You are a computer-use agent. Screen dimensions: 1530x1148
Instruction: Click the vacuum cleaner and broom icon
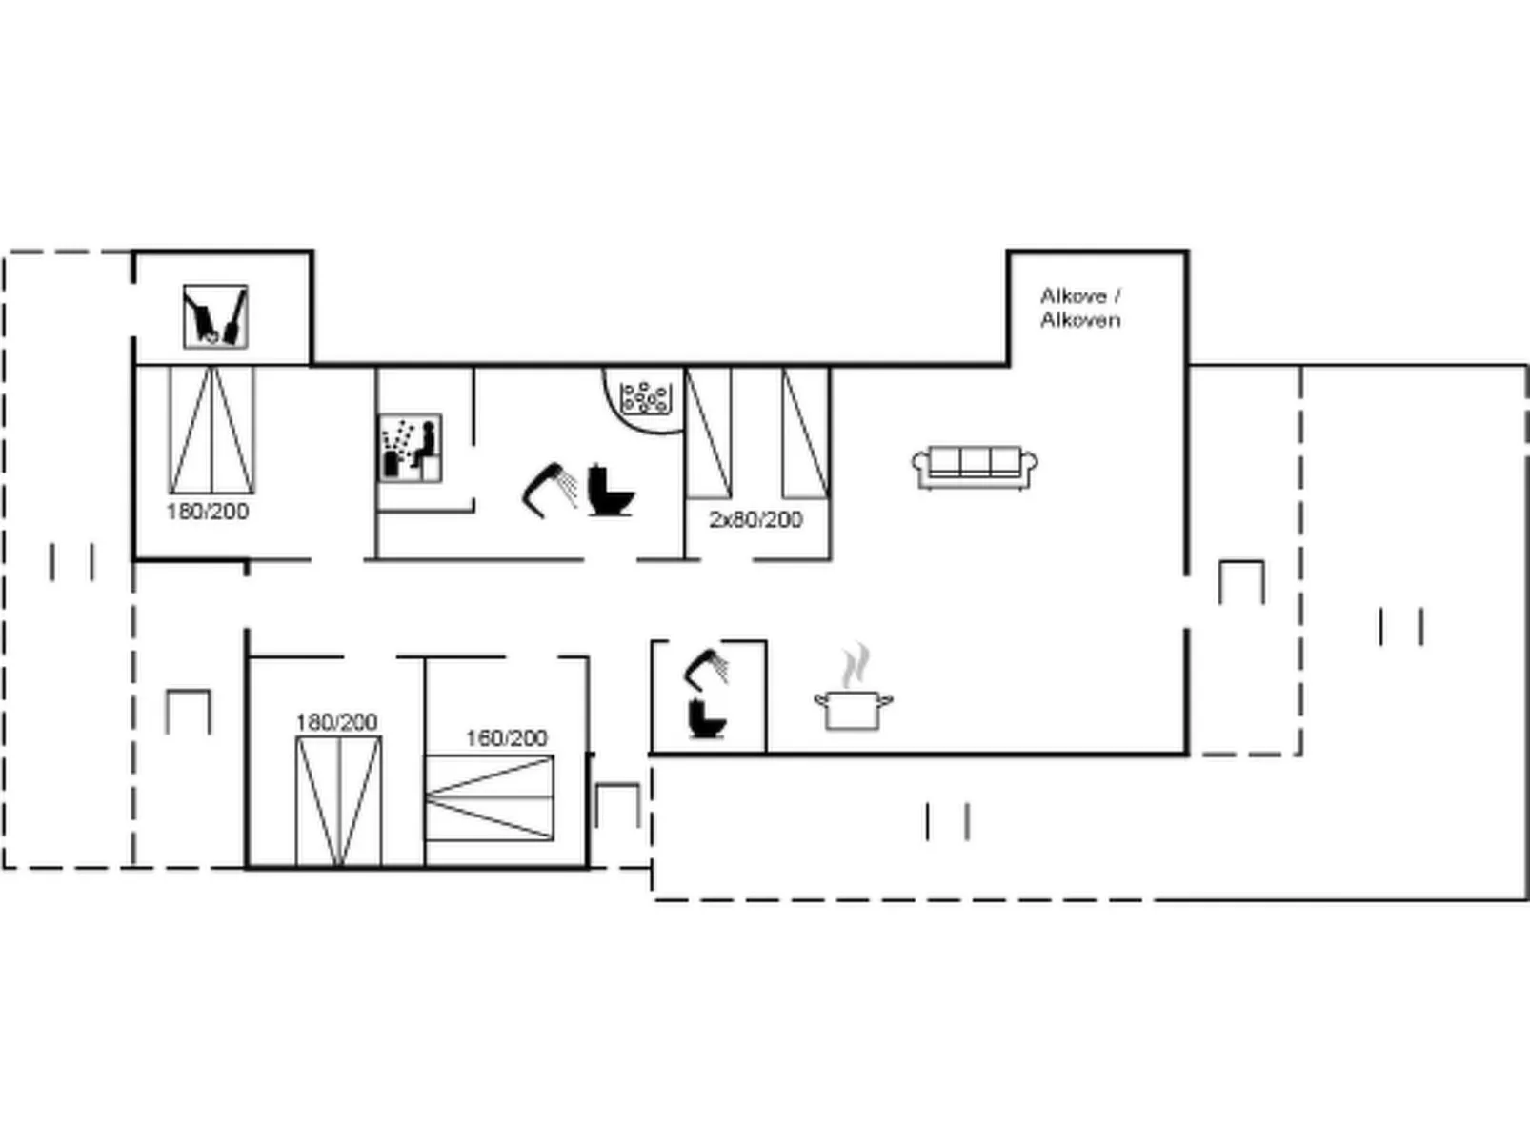tap(215, 316)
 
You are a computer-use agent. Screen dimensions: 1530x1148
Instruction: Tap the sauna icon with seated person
tap(410, 448)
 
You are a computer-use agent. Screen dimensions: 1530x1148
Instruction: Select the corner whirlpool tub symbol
tap(645, 399)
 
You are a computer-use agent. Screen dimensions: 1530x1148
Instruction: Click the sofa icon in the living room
tap(975, 468)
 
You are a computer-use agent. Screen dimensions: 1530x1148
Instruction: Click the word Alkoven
tap(1080, 320)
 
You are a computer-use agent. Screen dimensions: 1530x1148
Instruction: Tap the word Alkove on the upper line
tap(1074, 296)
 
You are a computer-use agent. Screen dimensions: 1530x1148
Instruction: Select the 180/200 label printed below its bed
tap(208, 512)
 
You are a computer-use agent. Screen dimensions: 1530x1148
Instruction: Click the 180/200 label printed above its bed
tap(336, 722)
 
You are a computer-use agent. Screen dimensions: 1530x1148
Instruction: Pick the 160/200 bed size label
tap(507, 737)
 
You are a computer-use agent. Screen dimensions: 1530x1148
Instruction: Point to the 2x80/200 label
tap(755, 520)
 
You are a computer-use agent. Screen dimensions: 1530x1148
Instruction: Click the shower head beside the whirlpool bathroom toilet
tap(550, 490)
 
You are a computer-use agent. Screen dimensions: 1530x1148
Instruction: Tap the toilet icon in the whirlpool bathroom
tap(611, 490)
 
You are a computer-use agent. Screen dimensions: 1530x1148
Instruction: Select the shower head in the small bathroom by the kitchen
tap(706, 667)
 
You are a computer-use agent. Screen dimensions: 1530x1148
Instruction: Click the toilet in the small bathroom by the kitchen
tap(707, 718)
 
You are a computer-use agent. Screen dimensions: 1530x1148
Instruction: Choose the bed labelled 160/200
tap(490, 798)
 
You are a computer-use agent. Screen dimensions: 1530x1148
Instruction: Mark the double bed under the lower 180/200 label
tap(339, 801)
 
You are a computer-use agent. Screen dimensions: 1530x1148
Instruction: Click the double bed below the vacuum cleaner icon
tap(211, 430)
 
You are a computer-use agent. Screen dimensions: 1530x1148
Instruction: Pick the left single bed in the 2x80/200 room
tap(708, 433)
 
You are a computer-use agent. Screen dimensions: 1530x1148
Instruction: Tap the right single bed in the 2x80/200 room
tap(805, 433)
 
